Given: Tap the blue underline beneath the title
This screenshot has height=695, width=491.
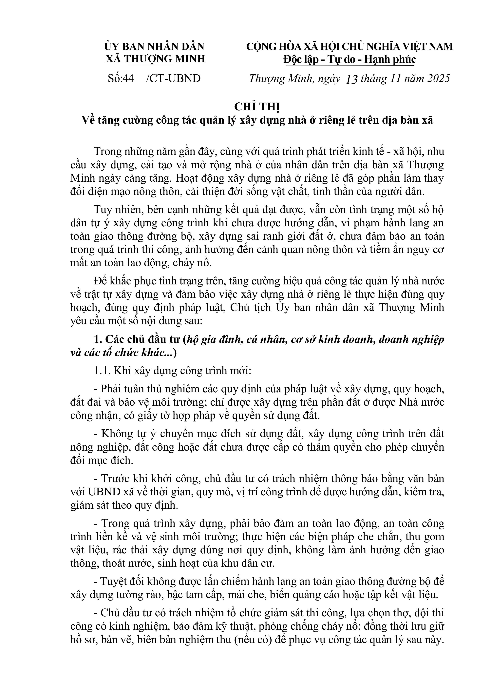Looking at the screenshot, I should (256, 128).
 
